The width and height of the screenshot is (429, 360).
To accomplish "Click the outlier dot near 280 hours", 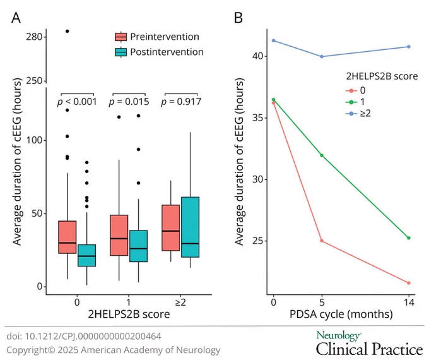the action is coord(67,31).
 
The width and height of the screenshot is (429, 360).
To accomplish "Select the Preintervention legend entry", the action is coord(157,37).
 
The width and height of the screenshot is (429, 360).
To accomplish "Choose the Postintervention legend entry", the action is coord(159,52).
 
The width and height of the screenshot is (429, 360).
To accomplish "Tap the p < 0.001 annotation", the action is coord(77,102).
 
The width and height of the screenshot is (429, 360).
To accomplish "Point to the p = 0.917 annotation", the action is coord(181,102).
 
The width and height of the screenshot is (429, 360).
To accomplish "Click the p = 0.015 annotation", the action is coord(129,102).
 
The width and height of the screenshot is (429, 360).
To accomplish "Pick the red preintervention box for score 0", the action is coord(68,237).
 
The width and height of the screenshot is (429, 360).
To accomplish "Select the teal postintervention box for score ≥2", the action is coord(190,227).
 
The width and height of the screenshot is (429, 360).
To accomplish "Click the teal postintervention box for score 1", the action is coord(138,246).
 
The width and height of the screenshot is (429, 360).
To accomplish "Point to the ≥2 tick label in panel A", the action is coord(180,302).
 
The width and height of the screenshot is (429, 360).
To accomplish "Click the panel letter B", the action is coord(238,18).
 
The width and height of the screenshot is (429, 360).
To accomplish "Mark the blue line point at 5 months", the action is coord(322,56).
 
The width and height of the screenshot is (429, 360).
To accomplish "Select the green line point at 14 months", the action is coord(409,238).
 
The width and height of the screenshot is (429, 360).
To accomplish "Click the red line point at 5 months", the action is coord(322,241).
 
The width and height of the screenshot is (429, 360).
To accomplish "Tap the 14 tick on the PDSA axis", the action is coord(409,303).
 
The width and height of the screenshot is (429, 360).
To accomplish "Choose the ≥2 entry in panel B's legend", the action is coord(359,113).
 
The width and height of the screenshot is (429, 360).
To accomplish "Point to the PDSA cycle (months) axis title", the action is coord(341,314).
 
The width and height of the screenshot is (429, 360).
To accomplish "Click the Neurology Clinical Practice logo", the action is coord(369,344).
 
